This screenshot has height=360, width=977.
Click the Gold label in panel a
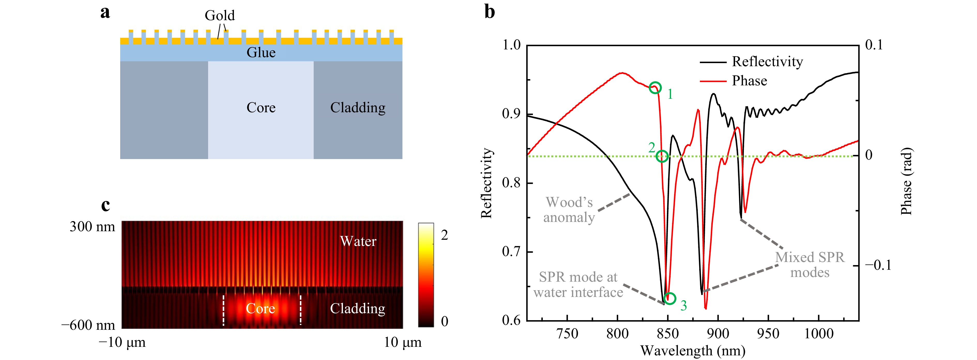pos(220,16)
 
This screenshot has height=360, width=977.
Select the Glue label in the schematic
pos(261,52)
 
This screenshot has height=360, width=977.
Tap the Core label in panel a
pos(261,108)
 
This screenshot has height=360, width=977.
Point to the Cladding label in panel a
pos(358,108)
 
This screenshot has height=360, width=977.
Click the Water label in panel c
pos(358,241)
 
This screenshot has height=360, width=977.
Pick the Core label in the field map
pos(260,309)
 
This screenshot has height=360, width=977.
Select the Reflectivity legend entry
pos(767,62)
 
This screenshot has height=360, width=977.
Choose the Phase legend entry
pos(749,81)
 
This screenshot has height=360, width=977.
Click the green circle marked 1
pos(655,88)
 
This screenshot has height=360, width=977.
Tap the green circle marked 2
pos(662,156)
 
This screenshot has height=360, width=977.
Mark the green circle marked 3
pos(670,298)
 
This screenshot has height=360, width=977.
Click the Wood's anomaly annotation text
pos(569,210)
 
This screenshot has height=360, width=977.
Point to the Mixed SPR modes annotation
pos(810,265)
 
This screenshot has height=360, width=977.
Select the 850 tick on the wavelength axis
pos(668,334)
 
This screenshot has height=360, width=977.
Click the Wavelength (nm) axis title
pos(692,350)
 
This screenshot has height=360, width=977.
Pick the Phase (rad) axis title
pos(906,181)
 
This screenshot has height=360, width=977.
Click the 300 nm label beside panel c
pos(92,227)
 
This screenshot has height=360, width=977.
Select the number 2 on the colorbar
pos(445,235)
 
